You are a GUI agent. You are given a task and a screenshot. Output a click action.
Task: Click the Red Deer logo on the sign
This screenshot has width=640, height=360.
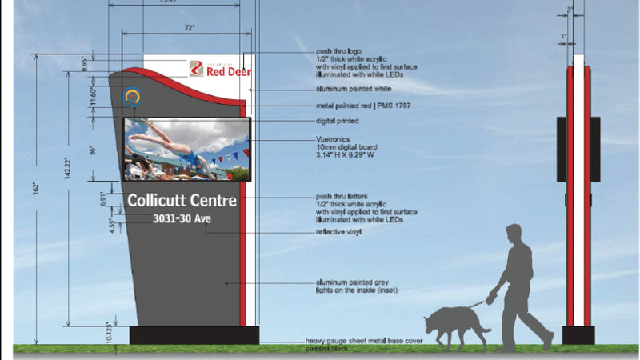point(220,70)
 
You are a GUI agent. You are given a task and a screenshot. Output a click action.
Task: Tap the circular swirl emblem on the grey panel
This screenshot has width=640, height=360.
point(134,98)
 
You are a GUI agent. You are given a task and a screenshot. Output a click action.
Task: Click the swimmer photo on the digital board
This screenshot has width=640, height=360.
point(186,149)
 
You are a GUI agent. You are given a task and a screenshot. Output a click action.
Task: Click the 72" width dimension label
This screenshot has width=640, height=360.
point(190,27)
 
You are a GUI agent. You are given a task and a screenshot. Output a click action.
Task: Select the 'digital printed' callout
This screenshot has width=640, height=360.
point(337,121)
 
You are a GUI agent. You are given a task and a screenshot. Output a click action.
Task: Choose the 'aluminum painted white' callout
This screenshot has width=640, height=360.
point(348,90)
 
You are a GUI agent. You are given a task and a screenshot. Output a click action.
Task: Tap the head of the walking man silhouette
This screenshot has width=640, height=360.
point(515,236)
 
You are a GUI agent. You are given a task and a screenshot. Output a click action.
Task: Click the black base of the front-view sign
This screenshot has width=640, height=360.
point(194,334)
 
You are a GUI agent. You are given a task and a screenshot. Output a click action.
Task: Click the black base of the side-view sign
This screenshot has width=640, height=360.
point(578,335)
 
